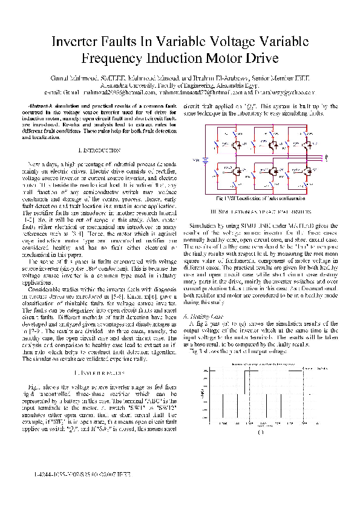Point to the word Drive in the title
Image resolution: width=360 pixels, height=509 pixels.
click(x=258, y=59)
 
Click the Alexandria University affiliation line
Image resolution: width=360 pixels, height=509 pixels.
click(x=180, y=86)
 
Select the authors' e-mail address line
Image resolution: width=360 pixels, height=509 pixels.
click(x=180, y=92)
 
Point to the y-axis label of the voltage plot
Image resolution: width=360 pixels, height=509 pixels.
click(x=200, y=396)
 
